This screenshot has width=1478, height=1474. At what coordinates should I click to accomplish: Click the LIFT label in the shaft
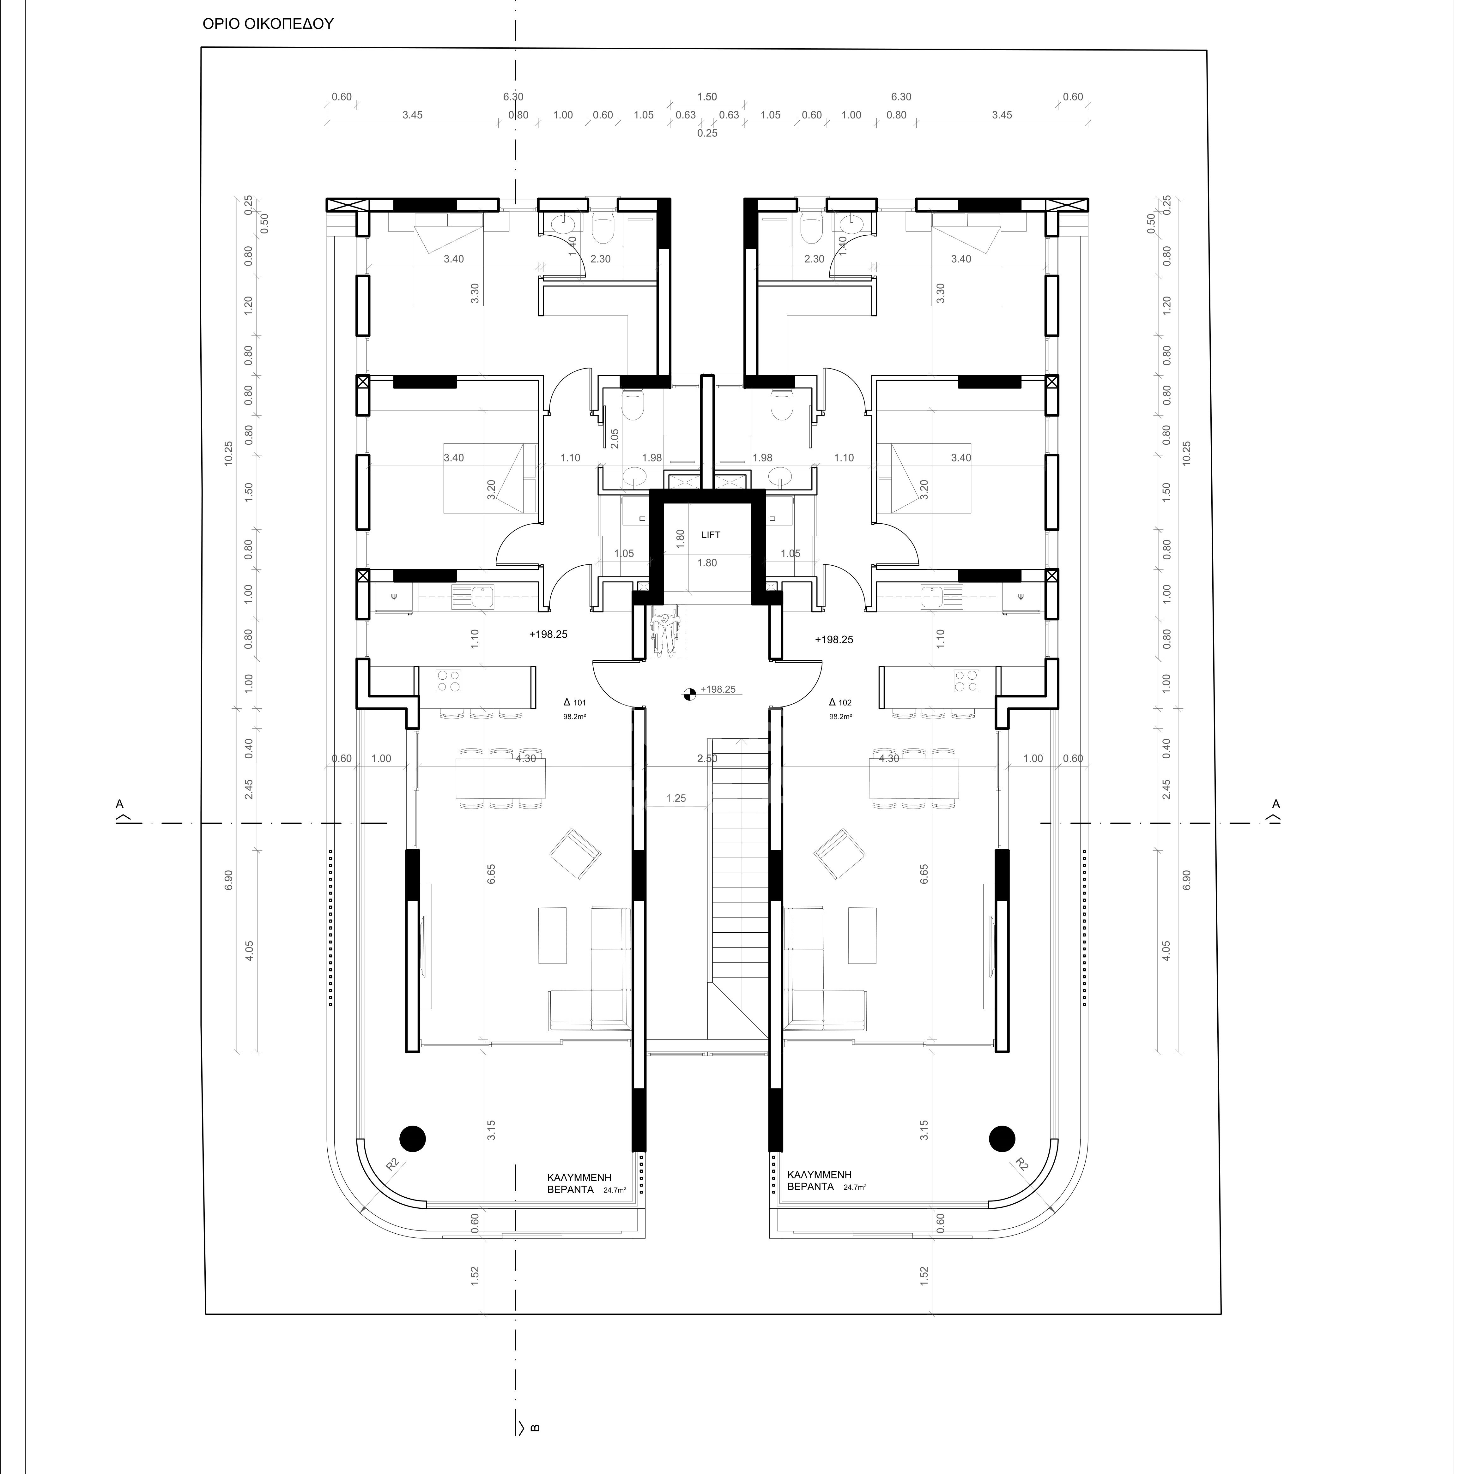[711, 535]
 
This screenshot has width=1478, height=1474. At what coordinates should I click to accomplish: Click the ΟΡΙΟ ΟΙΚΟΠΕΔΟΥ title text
[268, 24]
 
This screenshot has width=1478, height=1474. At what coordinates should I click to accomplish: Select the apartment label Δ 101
[574, 702]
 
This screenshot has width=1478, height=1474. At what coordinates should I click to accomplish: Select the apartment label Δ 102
[840, 702]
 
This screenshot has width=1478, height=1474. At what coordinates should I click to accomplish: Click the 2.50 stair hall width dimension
[707, 759]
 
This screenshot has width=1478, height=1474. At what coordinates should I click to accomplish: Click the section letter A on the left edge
[119, 804]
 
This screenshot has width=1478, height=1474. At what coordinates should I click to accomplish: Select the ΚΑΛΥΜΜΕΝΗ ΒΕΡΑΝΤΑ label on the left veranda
[581, 1181]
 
